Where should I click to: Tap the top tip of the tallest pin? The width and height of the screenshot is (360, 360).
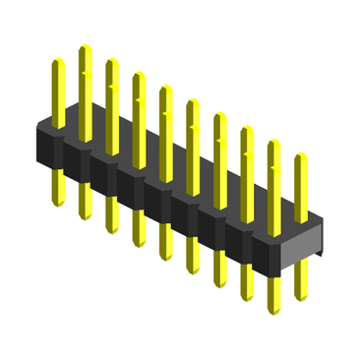[x=85, y=46]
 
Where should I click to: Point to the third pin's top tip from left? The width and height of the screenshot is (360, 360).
[x=112, y=61]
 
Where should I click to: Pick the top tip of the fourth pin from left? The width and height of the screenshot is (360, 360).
[x=139, y=75]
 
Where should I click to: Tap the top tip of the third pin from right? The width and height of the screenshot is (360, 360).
[x=247, y=129]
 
